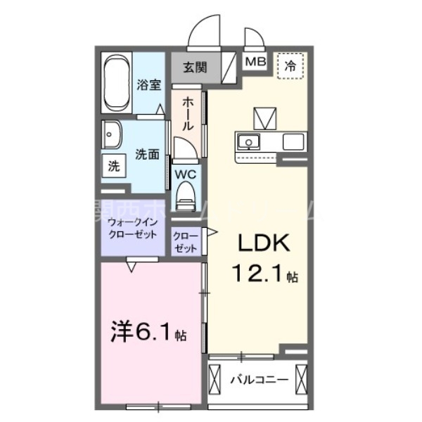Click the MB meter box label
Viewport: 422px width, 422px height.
(x=255, y=61)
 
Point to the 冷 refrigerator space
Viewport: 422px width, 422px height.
(x=290, y=66)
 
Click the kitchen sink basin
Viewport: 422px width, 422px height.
(x=248, y=143)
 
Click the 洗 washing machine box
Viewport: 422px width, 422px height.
(x=113, y=167)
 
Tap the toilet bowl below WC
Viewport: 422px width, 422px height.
(x=186, y=194)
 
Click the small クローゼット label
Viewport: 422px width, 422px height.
(x=186, y=238)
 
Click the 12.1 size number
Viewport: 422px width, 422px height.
(x=253, y=274)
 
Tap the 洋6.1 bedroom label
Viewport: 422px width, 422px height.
(x=145, y=332)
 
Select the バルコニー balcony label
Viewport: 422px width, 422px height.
(x=259, y=381)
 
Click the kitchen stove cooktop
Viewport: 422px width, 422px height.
(x=292, y=142)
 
